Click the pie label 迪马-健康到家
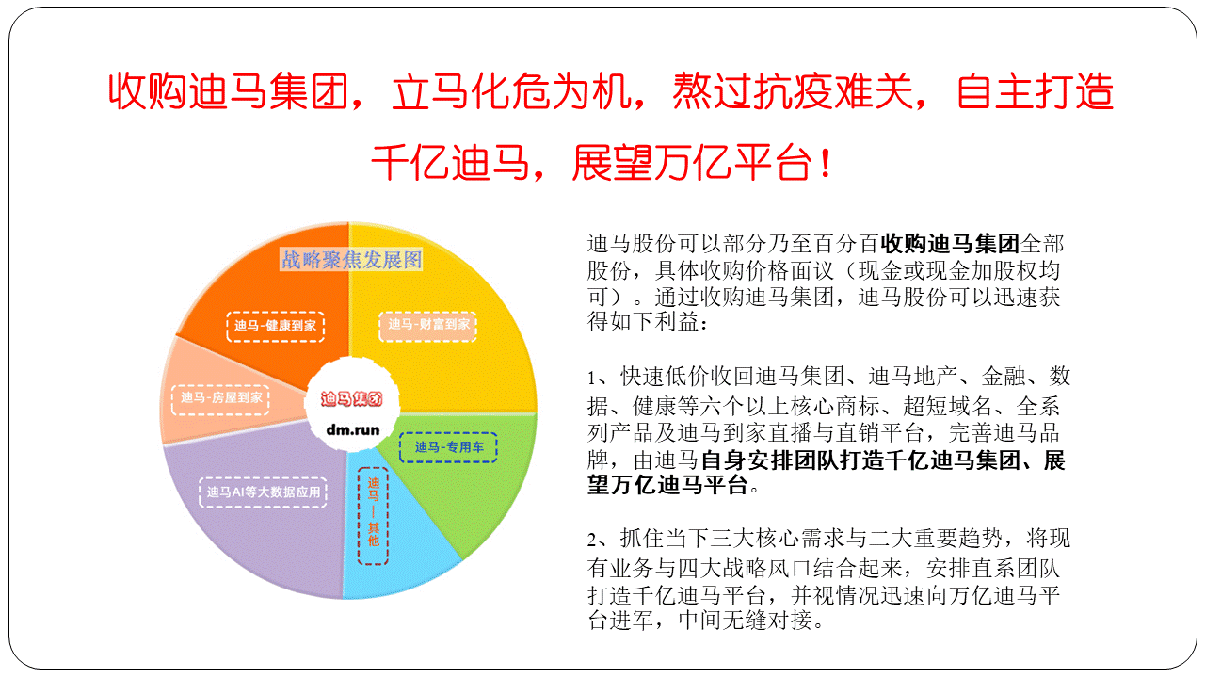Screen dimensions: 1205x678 (276, 326)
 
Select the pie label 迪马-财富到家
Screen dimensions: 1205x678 (428, 325)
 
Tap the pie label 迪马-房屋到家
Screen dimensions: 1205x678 (220, 398)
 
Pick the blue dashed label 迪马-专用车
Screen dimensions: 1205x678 (449, 447)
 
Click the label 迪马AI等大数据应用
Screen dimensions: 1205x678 (263, 492)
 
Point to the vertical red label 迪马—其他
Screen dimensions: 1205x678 (374, 516)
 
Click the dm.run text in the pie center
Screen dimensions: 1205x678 (353, 430)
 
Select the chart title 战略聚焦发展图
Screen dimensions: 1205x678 (352, 260)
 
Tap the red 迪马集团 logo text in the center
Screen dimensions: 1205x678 (352, 398)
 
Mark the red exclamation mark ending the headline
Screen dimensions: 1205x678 (827, 163)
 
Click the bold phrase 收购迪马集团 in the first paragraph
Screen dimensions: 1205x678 (950, 244)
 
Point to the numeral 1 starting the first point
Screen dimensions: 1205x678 (592, 378)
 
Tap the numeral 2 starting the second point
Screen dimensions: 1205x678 (592, 540)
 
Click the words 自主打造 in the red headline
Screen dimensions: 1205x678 (1035, 91)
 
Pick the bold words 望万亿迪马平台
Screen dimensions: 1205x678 (667, 485)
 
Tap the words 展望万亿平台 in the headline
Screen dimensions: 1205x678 (692, 163)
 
